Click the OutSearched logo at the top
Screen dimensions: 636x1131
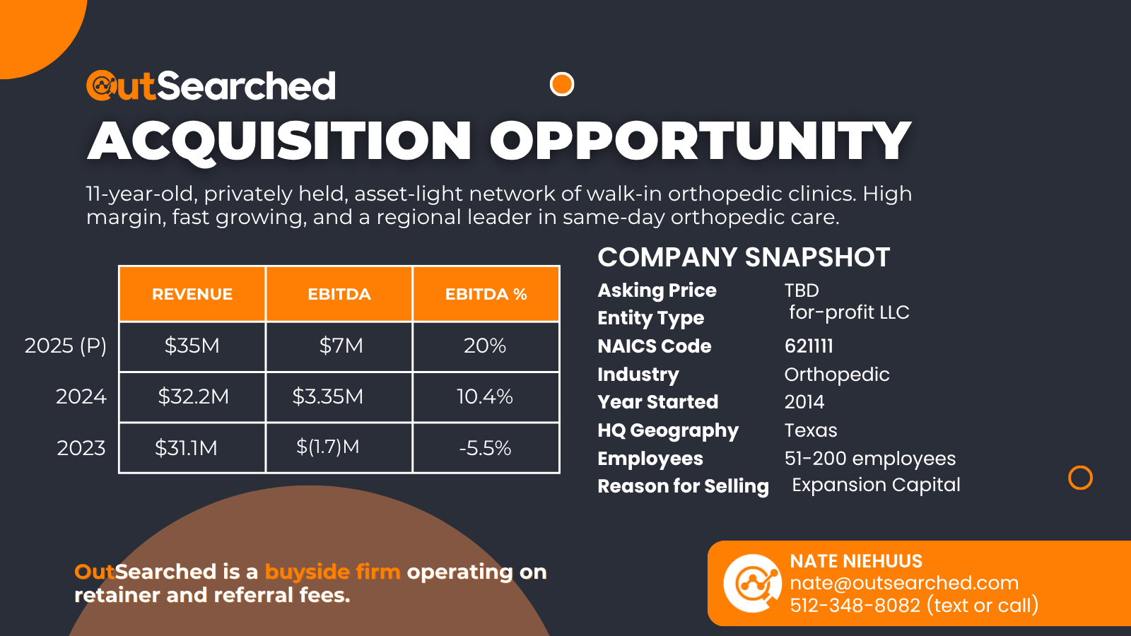[x=211, y=86]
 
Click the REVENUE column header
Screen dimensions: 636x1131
[x=192, y=294]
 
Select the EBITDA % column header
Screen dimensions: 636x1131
[x=486, y=294]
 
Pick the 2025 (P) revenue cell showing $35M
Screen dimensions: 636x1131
[x=192, y=346]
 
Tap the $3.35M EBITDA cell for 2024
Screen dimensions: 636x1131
[x=328, y=396]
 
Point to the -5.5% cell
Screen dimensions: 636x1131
[x=485, y=448]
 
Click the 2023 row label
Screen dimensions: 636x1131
[x=81, y=448]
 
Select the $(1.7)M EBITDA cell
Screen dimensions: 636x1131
[x=328, y=447]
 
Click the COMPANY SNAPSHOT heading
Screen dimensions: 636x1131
[x=744, y=257]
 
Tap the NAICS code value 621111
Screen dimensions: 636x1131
[x=809, y=346]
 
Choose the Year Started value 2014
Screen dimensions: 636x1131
[x=804, y=402]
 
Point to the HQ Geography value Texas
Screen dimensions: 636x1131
[x=811, y=430]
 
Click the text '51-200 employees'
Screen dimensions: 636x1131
[x=870, y=459]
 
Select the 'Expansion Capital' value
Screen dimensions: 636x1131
[x=876, y=485]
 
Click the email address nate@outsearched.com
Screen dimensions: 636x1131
[x=904, y=583]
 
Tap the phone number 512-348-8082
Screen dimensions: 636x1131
[x=855, y=606]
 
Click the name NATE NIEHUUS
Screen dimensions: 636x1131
[x=856, y=561]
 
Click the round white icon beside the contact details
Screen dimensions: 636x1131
[x=752, y=583]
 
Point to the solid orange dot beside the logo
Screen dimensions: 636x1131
[x=562, y=84]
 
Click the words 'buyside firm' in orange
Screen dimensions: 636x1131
[x=332, y=572]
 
